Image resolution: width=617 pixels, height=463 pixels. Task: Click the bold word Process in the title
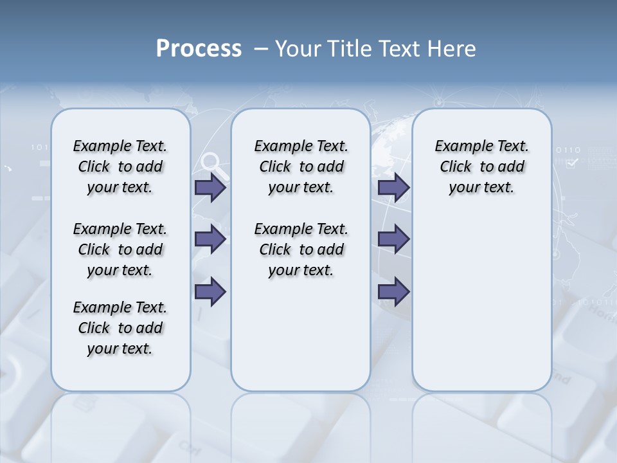(199, 49)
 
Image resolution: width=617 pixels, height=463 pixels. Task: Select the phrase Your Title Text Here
(375, 49)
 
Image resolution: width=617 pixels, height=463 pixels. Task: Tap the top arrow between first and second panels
(210, 188)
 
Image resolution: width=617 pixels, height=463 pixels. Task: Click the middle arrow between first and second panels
(210, 239)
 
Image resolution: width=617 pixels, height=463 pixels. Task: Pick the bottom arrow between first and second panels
(210, 292)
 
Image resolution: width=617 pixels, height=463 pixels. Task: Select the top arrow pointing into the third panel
(393, 188)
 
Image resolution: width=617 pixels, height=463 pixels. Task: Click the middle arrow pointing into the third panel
(393, 239)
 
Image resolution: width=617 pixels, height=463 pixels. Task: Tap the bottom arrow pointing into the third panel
(393, 292)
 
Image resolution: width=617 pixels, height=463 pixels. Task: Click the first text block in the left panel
(120, 167)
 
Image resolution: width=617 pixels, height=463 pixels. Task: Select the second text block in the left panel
(120, 250)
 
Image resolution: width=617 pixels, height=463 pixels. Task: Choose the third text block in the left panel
(120, 328)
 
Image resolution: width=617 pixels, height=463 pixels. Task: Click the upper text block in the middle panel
(301, 167)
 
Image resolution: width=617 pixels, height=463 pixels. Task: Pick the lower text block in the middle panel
(301, 250)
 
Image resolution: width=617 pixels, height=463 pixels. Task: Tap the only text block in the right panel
(481, 167)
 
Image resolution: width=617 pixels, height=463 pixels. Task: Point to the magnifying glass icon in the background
(214, 165)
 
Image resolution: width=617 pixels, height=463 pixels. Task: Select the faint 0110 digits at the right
(568, 150)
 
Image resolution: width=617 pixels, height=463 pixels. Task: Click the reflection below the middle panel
(301, 424)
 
